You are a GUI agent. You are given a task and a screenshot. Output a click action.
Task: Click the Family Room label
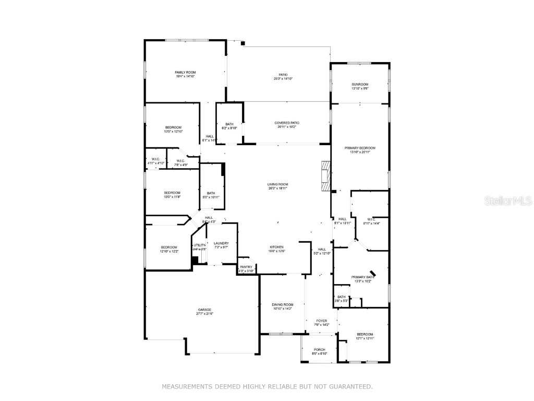185,74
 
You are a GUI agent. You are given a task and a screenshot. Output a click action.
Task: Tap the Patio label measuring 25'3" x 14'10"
283,77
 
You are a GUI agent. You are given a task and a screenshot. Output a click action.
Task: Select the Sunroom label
360,86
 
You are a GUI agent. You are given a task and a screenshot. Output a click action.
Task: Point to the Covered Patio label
287,125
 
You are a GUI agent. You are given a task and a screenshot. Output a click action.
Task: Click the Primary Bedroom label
360,150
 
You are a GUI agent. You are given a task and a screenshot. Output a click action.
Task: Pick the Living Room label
278,186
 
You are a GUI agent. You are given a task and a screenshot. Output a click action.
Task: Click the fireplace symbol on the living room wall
325,176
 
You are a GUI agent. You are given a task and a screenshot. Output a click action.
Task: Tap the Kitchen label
276,249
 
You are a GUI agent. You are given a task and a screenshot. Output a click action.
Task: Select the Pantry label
246,269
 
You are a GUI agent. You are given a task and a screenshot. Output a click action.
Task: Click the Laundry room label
221,245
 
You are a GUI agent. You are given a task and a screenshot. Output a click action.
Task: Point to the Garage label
204,311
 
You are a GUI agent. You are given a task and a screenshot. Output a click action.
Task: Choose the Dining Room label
283,306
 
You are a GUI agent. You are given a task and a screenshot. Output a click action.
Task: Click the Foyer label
322,323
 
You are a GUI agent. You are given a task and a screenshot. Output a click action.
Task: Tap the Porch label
319,351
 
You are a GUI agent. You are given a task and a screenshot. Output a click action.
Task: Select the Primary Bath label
361,279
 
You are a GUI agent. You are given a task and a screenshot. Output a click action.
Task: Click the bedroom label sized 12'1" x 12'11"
365,336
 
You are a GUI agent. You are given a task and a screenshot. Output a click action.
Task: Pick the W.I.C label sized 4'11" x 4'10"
155,161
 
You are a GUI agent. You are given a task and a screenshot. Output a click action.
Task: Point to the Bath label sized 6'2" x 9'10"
229,126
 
